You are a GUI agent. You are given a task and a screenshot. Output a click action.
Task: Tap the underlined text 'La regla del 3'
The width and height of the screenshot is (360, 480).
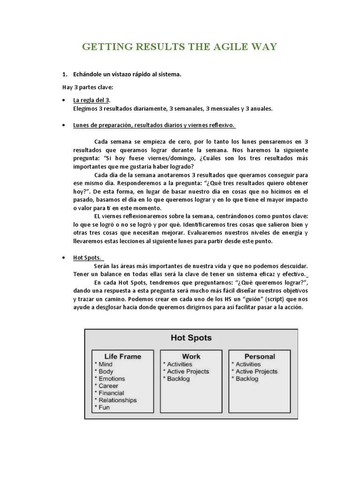pyautogui.click(x=91, y=100)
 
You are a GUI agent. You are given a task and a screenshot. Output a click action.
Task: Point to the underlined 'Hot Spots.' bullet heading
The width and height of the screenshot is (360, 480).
pyautogui.click(x=89, y=257)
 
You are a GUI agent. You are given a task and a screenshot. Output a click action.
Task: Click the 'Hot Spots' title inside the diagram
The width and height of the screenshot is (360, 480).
pyautogui.click(x=191, y=337)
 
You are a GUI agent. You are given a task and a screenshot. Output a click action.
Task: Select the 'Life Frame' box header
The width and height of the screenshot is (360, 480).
pyautogui.click(x=122, y=356)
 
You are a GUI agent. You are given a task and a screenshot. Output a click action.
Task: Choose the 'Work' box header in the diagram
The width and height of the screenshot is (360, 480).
pyautogui.click(x=191, y=356)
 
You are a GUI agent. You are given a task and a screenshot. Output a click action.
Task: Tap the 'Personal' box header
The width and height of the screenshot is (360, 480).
pyautogui.click(x=259, y=356)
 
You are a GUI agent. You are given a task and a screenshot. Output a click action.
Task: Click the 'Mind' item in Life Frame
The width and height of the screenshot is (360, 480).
pyautogui.click(x=105, y=364)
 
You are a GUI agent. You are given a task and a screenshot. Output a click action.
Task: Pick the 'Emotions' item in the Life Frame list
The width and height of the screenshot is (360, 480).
pyautogui.click(x=112, y=378)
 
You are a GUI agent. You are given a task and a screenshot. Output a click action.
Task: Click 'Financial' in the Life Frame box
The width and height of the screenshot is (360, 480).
pyautogui.click(x=111, y=393)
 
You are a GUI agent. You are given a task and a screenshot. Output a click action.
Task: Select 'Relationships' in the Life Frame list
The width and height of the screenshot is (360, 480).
pyautogui.click(x=117, y=400)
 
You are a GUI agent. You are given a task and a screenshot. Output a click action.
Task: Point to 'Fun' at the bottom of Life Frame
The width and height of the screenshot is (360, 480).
pyautogui.click(x=104, y=408)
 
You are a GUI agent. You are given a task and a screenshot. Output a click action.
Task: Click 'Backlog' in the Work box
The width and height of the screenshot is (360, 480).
pyautogui.click(x=178, y=379)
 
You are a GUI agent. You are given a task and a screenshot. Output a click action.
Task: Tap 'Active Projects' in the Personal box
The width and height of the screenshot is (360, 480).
pyautogui.click(x=256, y=371)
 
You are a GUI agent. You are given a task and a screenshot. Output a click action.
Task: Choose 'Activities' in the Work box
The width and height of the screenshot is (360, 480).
pyautogui.click(x=180, y=364)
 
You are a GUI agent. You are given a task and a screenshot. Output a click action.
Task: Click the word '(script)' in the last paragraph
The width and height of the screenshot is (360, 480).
pyautogui.click(x=253, y=300)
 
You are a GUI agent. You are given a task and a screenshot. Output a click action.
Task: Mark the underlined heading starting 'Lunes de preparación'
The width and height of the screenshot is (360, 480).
pyautogui.click(x=154, y=126)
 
